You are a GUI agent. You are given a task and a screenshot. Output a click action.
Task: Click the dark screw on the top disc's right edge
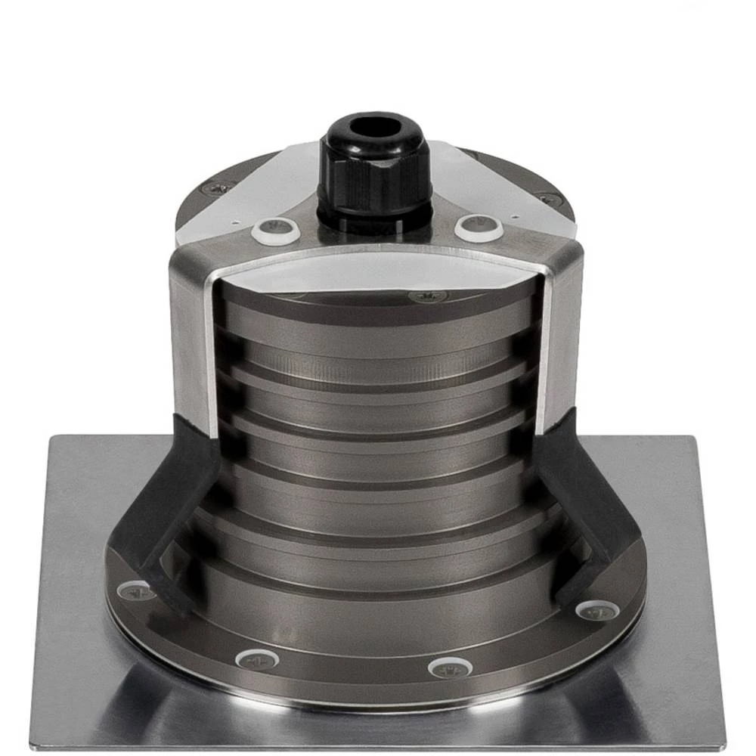tap(548, 200)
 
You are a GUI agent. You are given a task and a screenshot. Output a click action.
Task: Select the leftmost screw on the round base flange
tap(136, 590)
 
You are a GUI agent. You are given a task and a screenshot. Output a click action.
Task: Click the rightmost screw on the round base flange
tap(598, 609)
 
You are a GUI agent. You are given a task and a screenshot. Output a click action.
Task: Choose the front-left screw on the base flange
tap(256, 658)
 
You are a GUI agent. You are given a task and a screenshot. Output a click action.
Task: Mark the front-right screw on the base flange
tap(451, 668)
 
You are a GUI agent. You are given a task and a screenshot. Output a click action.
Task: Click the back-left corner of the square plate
tap(53, 438)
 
